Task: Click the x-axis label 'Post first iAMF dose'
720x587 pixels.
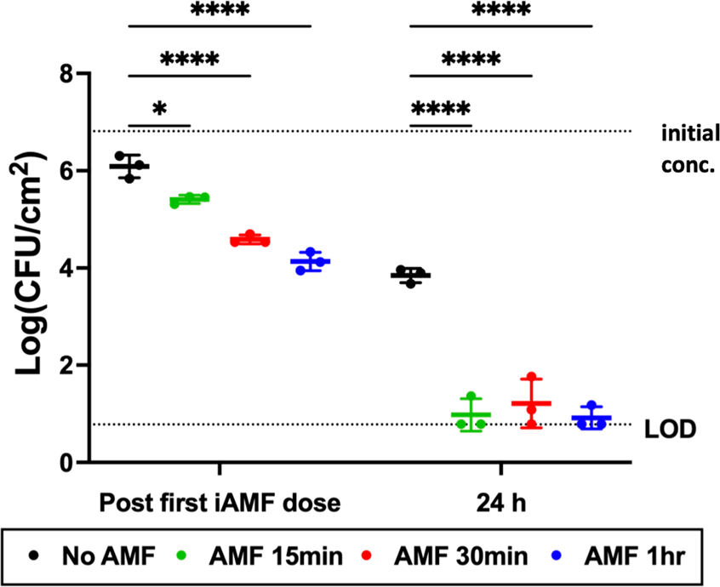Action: [x=220, y=501]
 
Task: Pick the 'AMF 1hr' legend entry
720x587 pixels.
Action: [x=620, y=557]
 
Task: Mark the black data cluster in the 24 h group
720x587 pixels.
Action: [x=410, y=276]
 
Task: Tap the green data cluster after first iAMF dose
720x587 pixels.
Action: [x=190, y=201]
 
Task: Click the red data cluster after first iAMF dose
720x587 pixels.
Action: [x=250, y=240]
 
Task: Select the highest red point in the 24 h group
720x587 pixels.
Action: [x=531, y=377]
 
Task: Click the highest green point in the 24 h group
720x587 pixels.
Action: [x=471, y=396]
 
